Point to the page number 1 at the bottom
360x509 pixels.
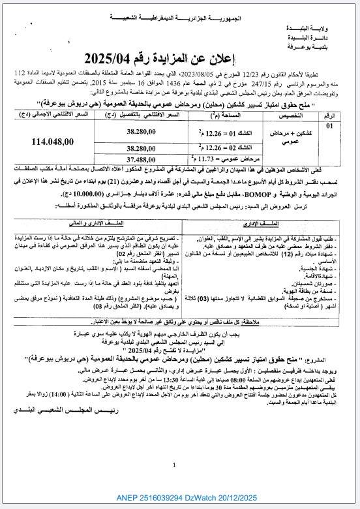click(x=180, y=465)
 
